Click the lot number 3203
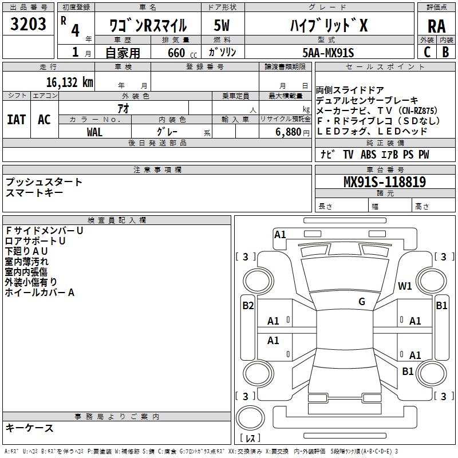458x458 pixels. (x=29, y=25)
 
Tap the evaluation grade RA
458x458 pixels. (x=436, y=27)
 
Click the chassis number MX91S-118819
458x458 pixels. (x=384, y=183)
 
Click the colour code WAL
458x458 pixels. (x=95, y=132)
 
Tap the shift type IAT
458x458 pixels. (x=16, y=120)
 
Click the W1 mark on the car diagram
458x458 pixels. (x=405, y=286)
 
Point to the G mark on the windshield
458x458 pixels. (x=362, y=302)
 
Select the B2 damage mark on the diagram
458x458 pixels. (x=248, y=306)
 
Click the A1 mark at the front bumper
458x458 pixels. (x=280, y=234)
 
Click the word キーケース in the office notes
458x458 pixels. (x=30, y=428)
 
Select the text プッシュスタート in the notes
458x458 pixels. (x=44, y=182)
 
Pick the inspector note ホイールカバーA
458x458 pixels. (x=40, y=293)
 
